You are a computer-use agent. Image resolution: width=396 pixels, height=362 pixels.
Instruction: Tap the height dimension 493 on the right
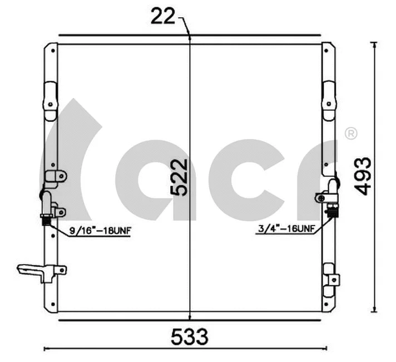363,175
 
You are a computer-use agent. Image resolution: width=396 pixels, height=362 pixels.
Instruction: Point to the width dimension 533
189,336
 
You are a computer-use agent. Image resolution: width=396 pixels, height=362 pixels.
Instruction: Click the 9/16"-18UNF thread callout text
100,230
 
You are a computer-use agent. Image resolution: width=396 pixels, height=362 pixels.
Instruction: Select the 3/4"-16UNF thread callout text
286,229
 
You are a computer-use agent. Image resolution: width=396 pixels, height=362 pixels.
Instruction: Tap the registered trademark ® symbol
351,133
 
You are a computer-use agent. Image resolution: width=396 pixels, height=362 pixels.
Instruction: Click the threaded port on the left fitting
45,219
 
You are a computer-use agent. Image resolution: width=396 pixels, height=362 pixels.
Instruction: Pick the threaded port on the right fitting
333,211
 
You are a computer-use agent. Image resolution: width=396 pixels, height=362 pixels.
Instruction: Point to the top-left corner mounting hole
52,51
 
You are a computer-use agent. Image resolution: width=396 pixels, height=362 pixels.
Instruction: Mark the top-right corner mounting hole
328,51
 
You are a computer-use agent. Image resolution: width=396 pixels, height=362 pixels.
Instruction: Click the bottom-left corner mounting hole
52,305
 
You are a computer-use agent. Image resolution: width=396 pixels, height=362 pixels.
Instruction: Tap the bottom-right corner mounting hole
328,305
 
